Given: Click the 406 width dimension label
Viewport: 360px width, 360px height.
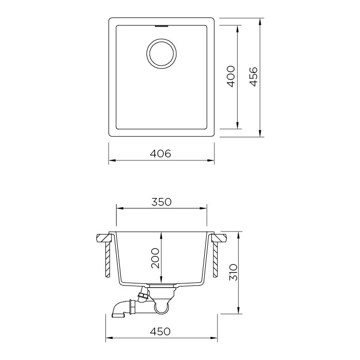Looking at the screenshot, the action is (160, 154).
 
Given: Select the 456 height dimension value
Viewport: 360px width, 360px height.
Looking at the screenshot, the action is (254, 77).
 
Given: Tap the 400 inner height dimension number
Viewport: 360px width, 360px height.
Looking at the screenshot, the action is (231, 77).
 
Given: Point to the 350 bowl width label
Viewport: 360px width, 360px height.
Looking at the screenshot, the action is (161, 202).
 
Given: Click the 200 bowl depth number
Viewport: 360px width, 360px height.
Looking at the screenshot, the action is (155, 258).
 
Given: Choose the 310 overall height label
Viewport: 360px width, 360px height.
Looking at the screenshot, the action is (233, 272).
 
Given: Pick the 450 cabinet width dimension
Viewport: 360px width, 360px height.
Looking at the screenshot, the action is (160, 331).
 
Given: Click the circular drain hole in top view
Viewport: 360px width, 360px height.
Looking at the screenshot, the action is (161, 54).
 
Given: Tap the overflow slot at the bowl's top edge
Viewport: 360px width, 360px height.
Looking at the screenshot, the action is (162, 26).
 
